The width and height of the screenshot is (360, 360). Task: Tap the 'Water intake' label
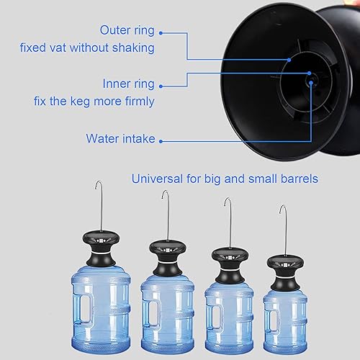pos(120,138)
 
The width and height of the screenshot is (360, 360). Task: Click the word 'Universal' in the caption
pos(155,179)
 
